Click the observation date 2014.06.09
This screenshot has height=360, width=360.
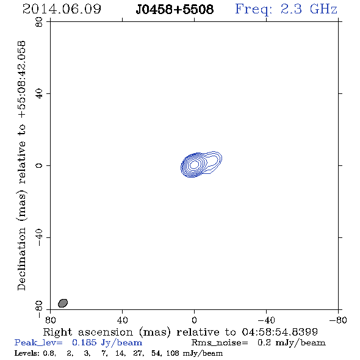[62, 9]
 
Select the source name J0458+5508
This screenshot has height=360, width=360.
[175, 9]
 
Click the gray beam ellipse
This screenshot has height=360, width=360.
[63, 303]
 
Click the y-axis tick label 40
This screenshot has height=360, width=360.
[39, 94]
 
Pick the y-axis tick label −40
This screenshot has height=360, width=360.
[39, 237]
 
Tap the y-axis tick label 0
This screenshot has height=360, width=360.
[39, 165]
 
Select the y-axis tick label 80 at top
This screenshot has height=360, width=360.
[39, 22]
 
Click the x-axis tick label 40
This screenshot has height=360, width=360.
[123, 320]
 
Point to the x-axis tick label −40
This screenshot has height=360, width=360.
[266, 320]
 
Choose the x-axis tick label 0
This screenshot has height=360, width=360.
[194, 320]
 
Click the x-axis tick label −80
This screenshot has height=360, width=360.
[338, 320]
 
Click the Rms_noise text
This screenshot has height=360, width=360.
[220, 343]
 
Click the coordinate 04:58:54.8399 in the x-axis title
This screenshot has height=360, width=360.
[279, 332]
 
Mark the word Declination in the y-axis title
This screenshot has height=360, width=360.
[21, 259]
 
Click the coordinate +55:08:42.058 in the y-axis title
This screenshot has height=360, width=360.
[21, 79]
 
